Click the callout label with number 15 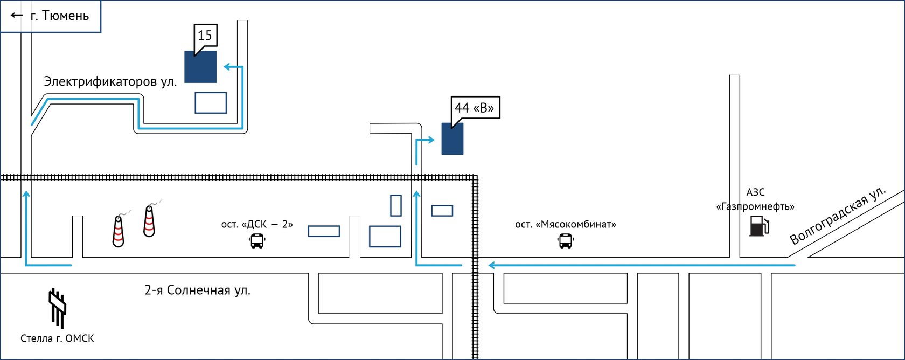click(205, 36)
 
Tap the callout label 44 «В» click(475, 108)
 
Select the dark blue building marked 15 click(200, 67)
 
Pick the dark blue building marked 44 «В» click(452, 140)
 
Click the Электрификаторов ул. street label click(110, 82)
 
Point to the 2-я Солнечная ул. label click(197, 290)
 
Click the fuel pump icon click(758, 226)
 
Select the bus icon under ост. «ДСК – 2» click(257, 241)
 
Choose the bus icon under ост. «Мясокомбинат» click(566, 241)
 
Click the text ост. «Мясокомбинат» click(565, 224)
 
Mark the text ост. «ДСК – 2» click(257, 224)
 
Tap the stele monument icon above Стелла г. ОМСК click(57, 307)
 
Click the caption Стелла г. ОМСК click(57, 338)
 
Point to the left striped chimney click(119, 231)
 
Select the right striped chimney click(149, 221)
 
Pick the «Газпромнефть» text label click(755, 206)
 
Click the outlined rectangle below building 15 click(211, 103)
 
